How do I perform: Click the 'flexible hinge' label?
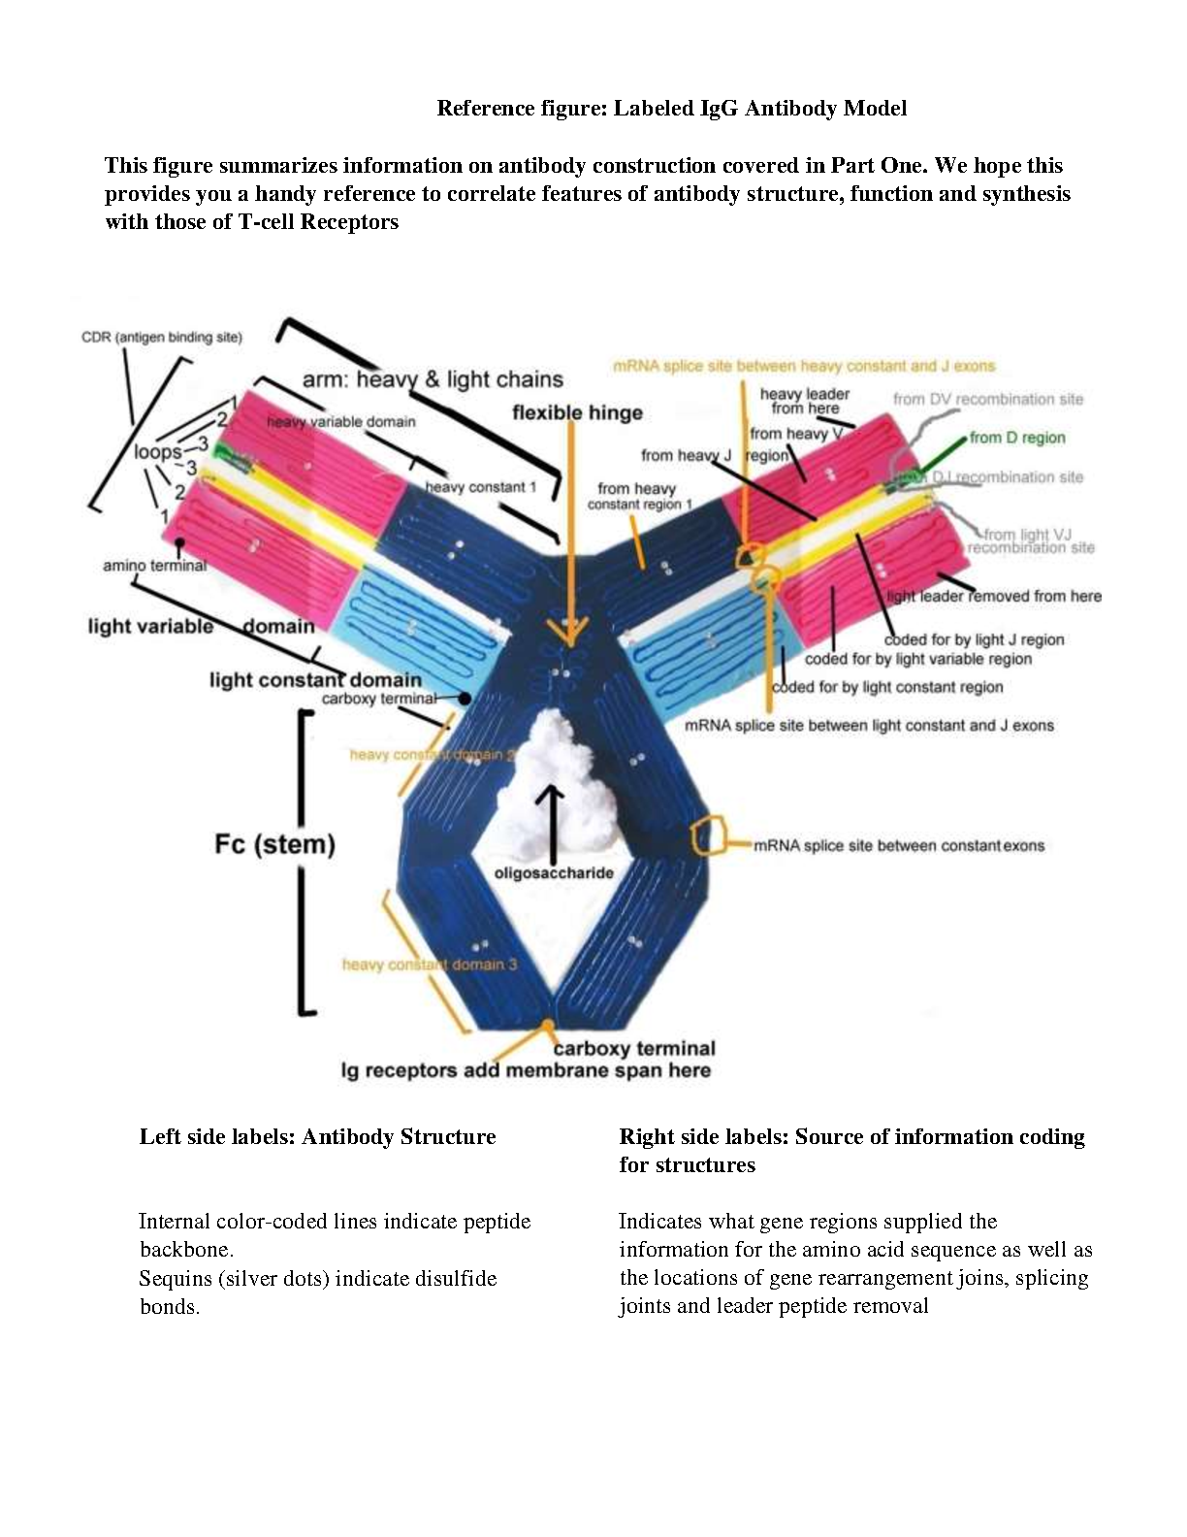click(577, 412)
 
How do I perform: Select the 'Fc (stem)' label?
click(274, 843)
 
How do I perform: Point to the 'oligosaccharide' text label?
click(554, 873)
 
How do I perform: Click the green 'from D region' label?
click(1016, 438)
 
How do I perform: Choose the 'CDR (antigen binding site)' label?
click(161, 338)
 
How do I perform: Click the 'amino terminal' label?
click(154, 565)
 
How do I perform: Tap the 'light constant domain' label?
click(315, 679)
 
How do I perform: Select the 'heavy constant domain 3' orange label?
click(429, 965)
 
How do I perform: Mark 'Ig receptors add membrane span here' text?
click(525, 1070)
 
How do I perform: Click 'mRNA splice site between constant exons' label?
click(898, 845)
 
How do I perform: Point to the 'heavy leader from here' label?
click(804, 401)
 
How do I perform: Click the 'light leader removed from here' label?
click(994, 596)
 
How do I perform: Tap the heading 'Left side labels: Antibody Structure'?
click(317, 1136)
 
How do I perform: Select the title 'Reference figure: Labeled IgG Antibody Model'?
click(671, 108)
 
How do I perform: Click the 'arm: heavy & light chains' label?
click(433, 379)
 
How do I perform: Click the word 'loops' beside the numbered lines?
click(157, 452)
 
